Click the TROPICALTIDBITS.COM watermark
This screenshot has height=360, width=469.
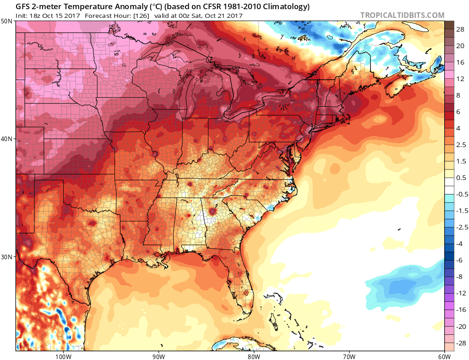coord(402,15)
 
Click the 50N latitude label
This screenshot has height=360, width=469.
coord(7,22)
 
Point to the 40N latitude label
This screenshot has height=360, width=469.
coord(7,139)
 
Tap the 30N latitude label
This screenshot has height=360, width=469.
coord(7,256)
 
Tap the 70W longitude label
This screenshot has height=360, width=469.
coord(349,356)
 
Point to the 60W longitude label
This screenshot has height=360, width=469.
coord(444,356)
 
